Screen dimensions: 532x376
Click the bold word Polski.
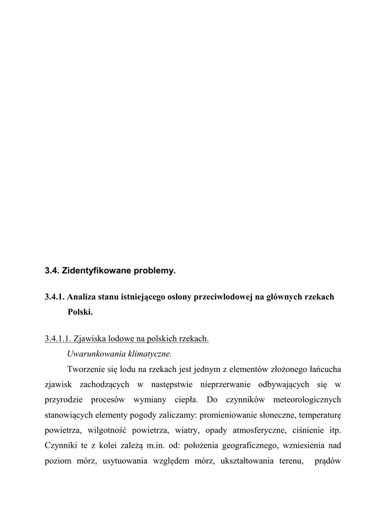80,313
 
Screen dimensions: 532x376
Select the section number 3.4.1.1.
58,339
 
